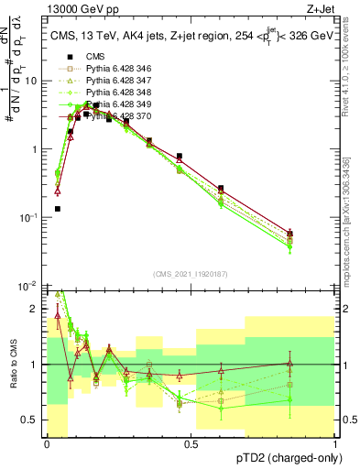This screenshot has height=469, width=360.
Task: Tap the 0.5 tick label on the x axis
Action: click(x=191, y=444)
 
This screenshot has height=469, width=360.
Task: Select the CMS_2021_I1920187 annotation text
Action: click(x=190, y=274)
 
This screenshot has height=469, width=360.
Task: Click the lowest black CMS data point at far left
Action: click(x=58, y=209)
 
